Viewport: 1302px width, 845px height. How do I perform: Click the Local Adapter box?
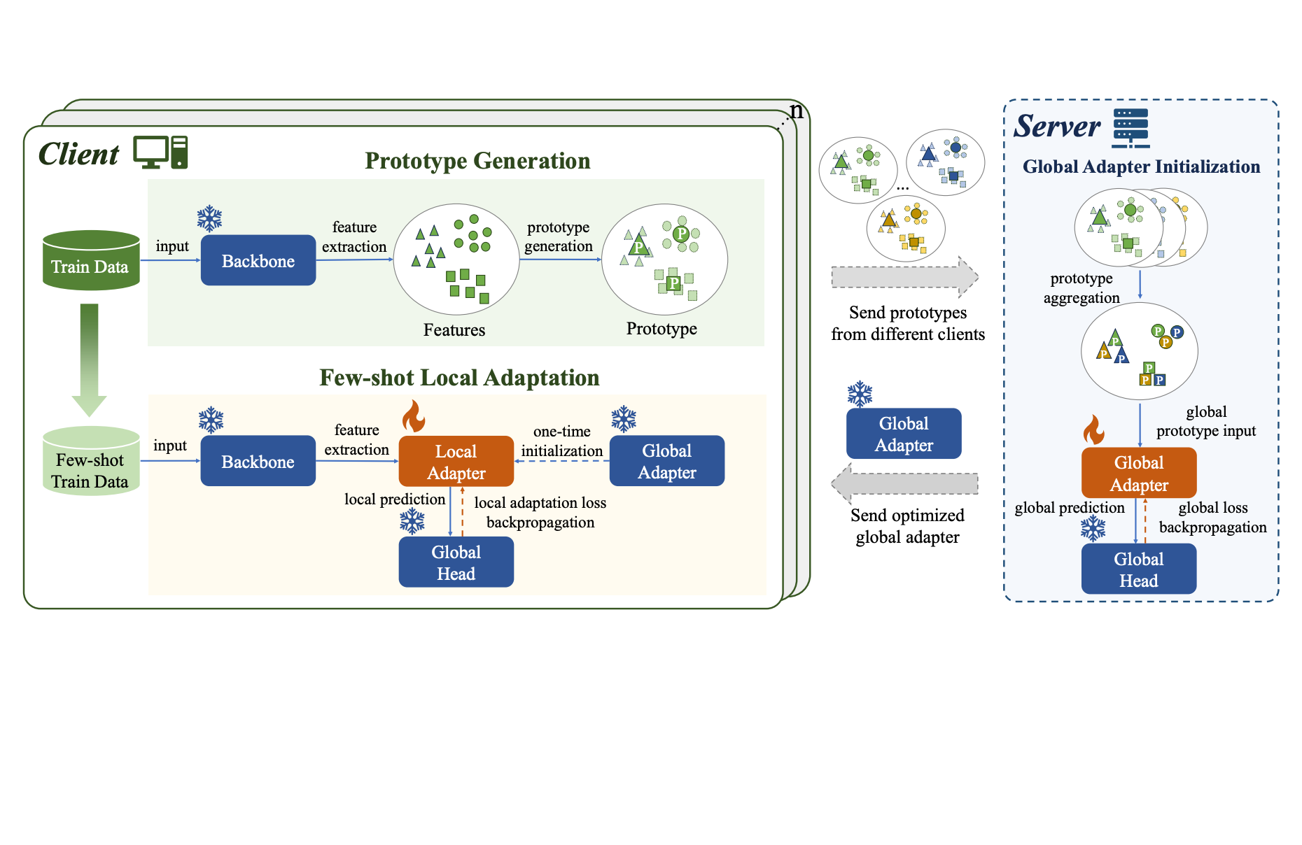pos(456,462)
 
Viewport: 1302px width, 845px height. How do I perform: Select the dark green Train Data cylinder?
pos(91,260)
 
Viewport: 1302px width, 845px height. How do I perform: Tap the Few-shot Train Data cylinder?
pos(91,462)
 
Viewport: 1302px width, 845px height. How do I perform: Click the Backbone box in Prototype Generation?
pos(258,260)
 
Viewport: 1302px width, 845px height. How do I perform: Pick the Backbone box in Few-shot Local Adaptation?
pos(258,461)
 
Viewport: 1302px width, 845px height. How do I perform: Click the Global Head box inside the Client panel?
pos(456,562)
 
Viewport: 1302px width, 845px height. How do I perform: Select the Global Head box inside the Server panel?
pos(1138,569)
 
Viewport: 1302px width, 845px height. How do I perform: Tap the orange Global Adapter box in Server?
pos(1138,473)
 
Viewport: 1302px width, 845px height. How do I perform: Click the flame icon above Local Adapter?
pos(413,416)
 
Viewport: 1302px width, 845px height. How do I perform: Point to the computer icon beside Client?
pos(160,152)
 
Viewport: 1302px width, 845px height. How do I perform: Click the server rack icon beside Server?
pos(1130,128)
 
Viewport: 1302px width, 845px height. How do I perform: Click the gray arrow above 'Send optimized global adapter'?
pos(904,483)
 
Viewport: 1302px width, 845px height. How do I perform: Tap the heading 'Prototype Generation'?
pos(477,161)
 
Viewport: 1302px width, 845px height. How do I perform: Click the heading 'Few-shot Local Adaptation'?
pos(459,378)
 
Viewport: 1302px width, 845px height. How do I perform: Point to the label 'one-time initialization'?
pos(561,441)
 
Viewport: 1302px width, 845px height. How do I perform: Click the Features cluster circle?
pos(456,260)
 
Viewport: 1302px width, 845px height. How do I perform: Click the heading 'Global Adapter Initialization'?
pos(1141,166)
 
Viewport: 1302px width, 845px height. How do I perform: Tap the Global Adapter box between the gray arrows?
pos(903,434)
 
